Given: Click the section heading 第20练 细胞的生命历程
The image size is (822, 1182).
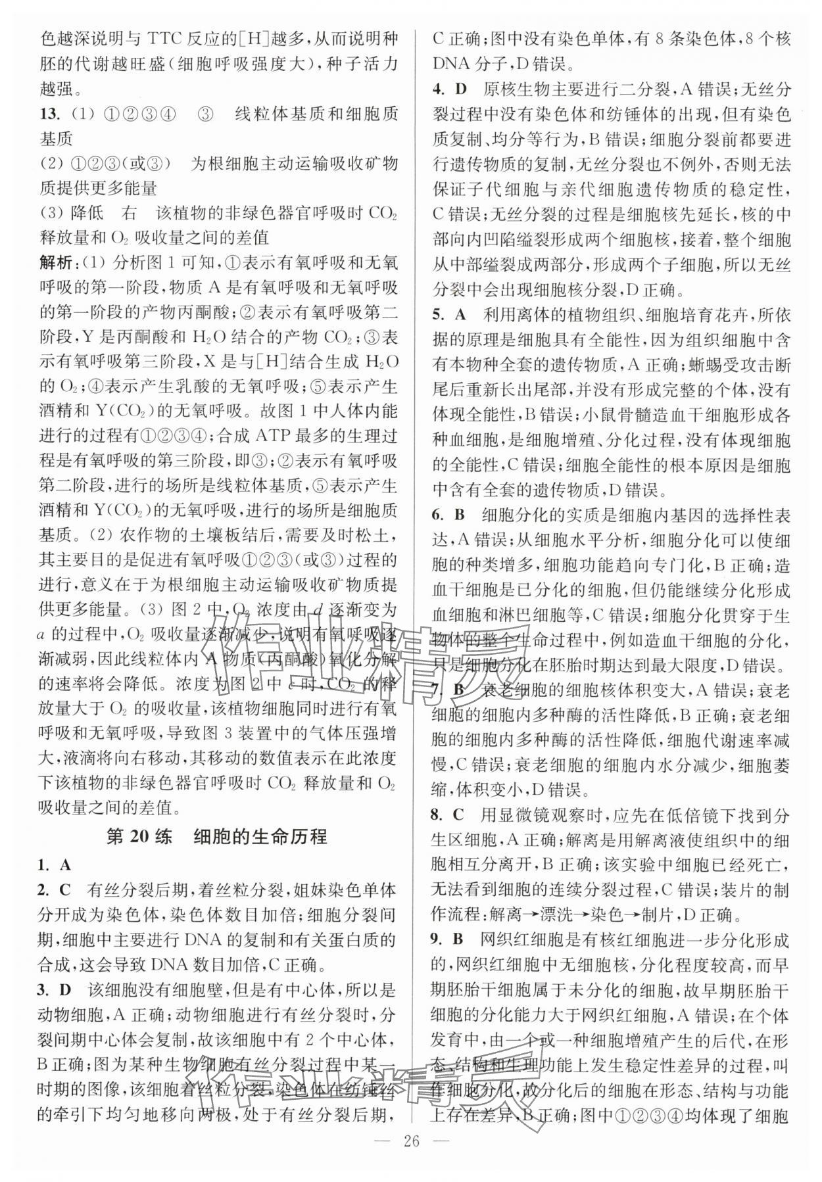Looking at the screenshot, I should pyautogui.click(x=217, y=837).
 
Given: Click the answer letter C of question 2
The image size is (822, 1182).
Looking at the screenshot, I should pyautogui.click(x=64, y=890).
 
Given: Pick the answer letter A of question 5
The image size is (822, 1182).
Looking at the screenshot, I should pyautogui.click(x=460, y=315).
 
